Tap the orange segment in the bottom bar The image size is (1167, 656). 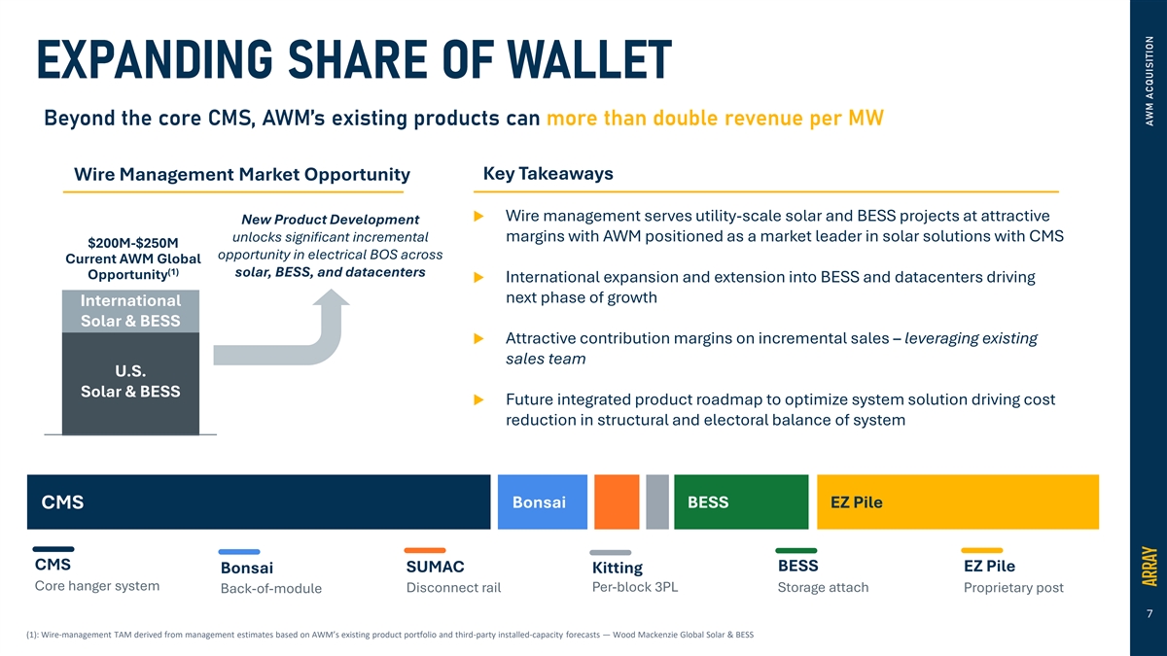(617, 501)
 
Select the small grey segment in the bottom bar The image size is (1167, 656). (657, 501)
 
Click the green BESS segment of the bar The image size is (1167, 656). (741, 501)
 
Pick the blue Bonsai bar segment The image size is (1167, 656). (543, 501)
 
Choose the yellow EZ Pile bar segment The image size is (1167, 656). (958, 501)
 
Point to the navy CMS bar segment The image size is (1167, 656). (259, 501)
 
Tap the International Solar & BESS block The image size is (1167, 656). (130, 311)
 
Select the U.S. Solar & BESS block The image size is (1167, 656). (130, 383)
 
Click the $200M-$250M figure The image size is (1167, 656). (133, 243)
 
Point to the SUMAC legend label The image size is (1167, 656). (435, 567)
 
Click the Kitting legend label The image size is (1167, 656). (618, 568)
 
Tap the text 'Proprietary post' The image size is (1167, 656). (1013, 588)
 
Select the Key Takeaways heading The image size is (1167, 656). (548, 173)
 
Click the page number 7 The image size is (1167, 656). (1149, 614)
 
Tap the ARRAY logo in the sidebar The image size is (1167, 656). (1149, 566)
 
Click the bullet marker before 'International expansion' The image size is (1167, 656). (478, 278)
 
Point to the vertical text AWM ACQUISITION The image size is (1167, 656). (1149, 81)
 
